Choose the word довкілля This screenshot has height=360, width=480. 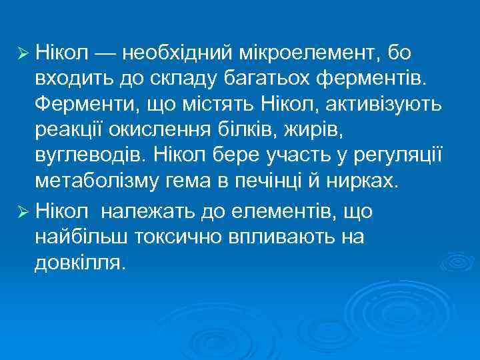tap(79, 263)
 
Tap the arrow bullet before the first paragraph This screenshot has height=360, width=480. tap(22, 53)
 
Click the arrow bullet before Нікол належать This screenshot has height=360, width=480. tap(22, 212)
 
